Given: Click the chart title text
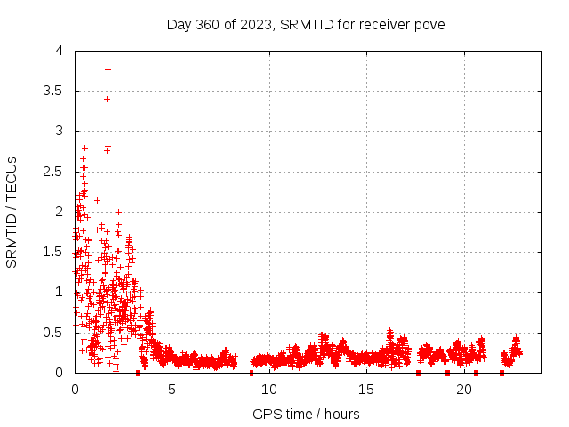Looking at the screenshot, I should pos(306,24).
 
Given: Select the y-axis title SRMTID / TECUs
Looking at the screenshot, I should pos(12,212).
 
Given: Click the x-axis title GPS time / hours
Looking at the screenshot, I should pos(306,414).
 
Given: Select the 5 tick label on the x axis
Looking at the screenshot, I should pos(172,390).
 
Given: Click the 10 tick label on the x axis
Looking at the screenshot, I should pos(269,390).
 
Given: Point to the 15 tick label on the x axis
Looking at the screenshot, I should pos(366,390).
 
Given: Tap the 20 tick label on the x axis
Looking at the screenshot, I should pos(463,390).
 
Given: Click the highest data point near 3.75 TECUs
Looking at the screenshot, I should pos(108,68).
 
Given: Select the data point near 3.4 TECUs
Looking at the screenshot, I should pos(107,99).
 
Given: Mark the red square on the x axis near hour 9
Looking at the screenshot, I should pos(252,373).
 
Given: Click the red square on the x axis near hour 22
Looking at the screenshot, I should pos(502,373).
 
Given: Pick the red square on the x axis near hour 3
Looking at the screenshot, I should pos(138,373).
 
